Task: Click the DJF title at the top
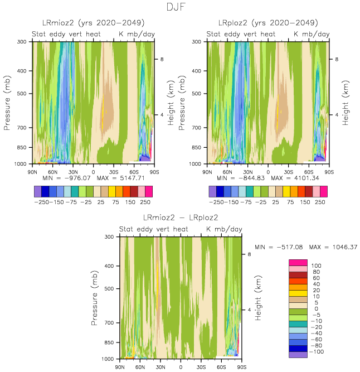pyautogui.click(x=180, y=8)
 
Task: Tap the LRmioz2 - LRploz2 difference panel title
pyautogui.click(x=181, y=218)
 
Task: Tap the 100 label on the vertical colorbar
pyautogui.click(x=317, y=266)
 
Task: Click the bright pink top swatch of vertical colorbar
pyautogui.click(x=298, y=263)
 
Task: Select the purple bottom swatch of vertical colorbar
pyautogui.click(x=298, y=354)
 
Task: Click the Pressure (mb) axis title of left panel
pyautogui.click(x=8, y=103)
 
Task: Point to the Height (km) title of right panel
pyautogui.click(x=345, y=103)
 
